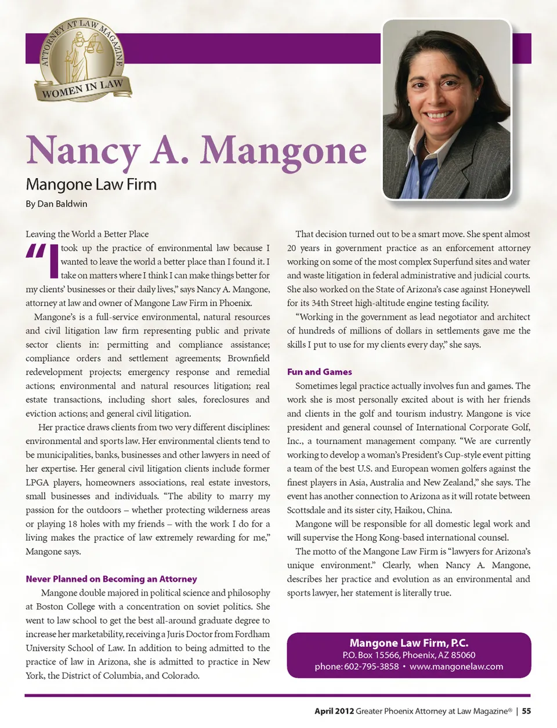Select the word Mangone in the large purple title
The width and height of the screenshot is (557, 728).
[x=283, y=151]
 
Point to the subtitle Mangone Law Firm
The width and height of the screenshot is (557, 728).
[x=91, y=184]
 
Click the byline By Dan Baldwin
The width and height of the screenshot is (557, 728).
[x=56, y=204]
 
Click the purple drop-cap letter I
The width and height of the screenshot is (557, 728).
[x=53, y=262]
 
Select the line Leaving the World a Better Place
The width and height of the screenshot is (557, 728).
[x=87, y=234]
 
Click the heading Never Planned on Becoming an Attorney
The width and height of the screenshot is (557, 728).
[x=111, y=579]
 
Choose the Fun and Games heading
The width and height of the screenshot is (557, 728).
[x=319, y=372]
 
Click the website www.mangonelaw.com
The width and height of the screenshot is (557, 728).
[x=456, y=667]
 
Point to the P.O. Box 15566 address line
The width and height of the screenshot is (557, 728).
[x=409, y=655]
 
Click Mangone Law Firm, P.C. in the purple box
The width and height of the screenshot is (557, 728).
[x=408, y=643]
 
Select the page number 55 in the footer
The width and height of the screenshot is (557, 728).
[x=526, y=711]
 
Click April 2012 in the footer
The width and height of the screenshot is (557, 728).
[x=334, y=711]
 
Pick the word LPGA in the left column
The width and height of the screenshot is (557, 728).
[x=37, y=483]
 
